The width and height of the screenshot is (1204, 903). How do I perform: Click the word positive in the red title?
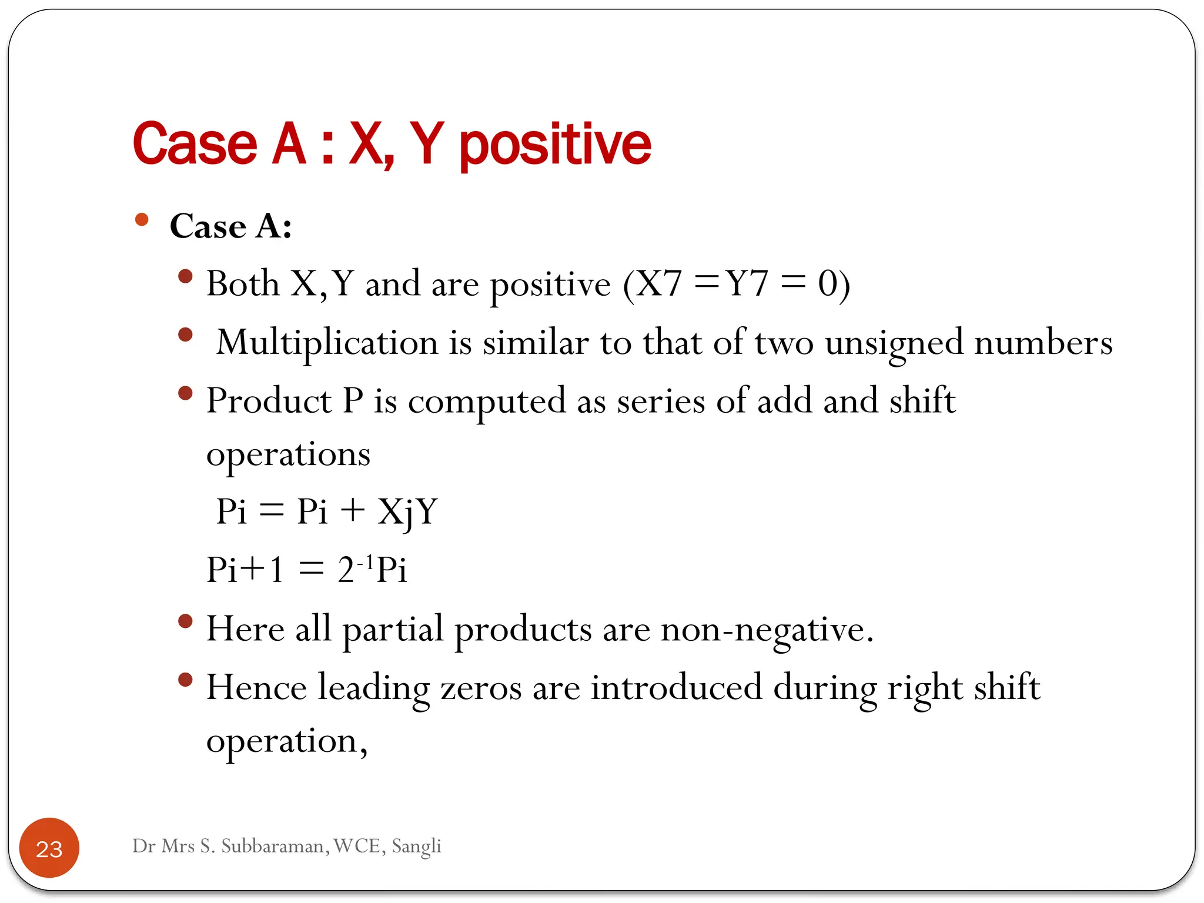point(554,145)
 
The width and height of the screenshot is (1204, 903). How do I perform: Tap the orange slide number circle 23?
point(49,848)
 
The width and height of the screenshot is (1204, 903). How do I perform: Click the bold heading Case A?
point(230,226)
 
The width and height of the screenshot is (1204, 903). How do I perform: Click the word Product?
point(269,402)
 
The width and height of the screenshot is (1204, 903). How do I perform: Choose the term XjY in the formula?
point(407,511)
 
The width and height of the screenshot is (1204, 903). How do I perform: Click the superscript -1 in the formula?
point(365,561)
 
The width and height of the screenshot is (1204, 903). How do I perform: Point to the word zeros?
point(480,688)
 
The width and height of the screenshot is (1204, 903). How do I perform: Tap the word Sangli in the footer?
point(416,847)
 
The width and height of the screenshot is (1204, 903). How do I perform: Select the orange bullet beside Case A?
point(142,220)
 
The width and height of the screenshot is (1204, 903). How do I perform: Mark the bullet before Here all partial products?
point(185,621)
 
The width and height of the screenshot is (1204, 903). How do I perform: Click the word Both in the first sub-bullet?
point(242,284)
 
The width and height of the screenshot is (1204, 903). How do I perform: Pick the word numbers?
point(1043,343)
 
